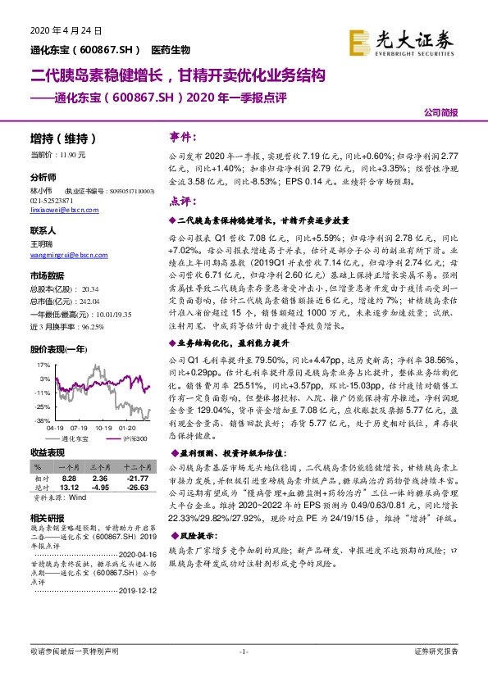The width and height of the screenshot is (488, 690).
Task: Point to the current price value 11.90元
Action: coord(81,154)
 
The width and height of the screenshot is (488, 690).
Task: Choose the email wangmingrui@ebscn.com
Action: coord(63,256)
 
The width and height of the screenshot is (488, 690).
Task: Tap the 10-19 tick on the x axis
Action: coord(103,427)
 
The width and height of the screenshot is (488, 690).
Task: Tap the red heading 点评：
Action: coord(184,201)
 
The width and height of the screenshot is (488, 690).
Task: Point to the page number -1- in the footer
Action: coord(243,674)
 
